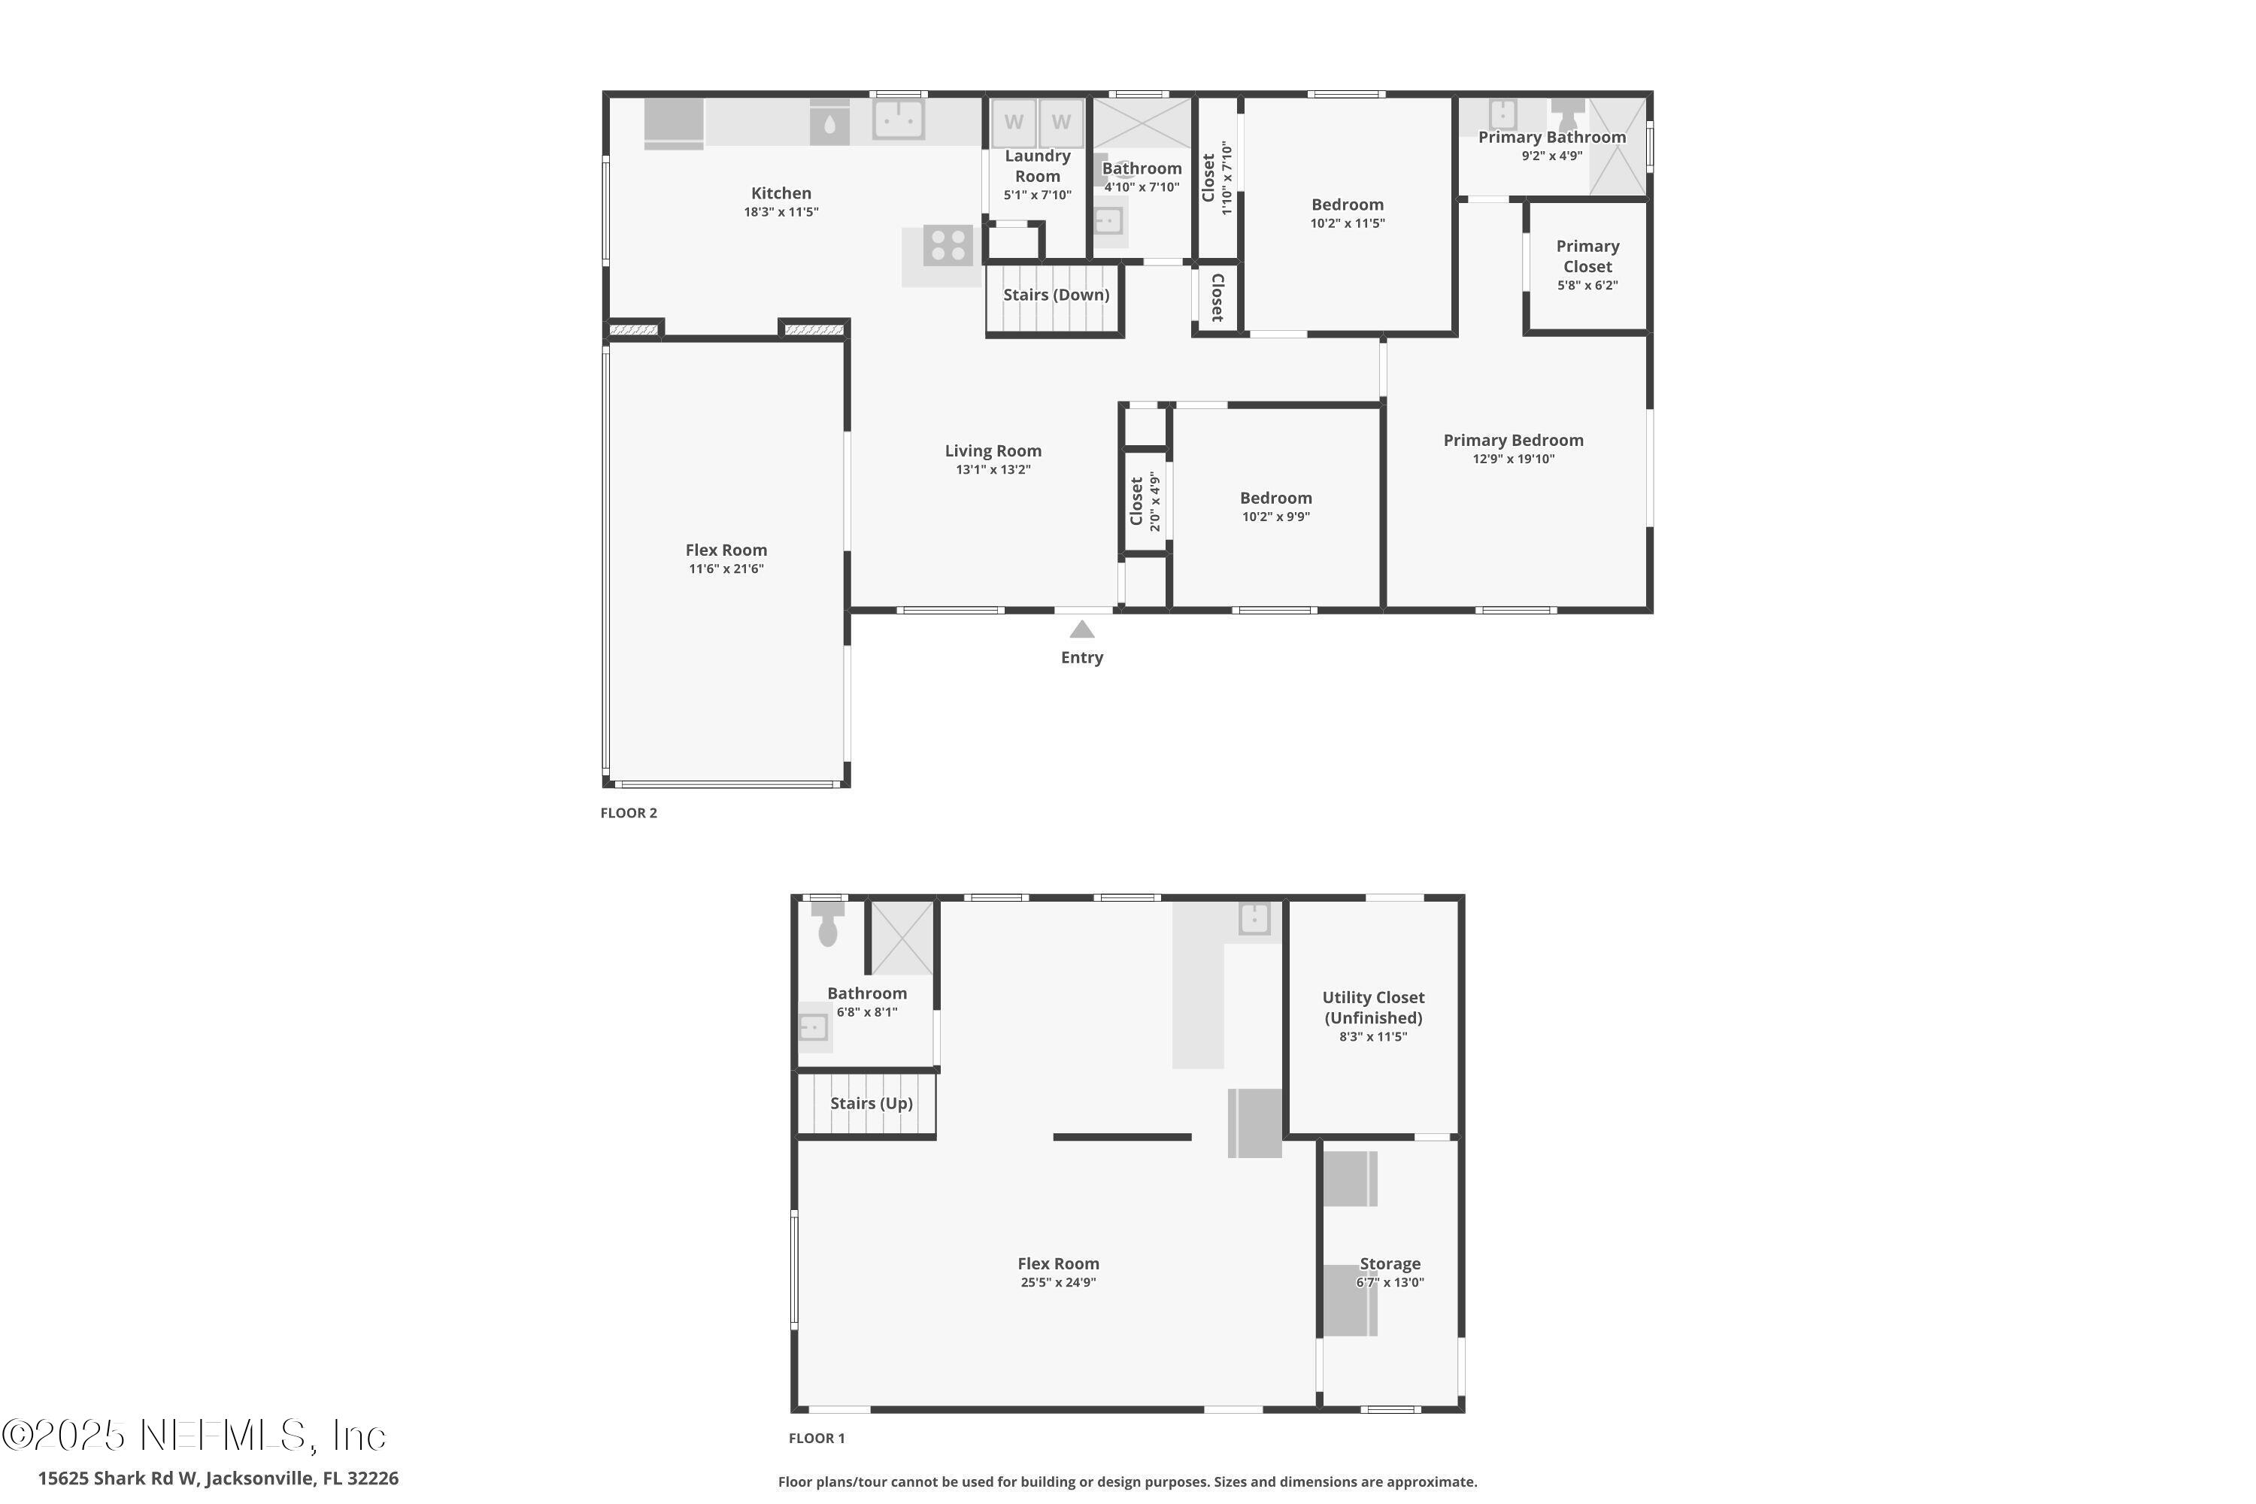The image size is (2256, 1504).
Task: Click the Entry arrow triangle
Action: pos(1082,630)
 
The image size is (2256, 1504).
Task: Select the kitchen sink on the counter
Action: pos(898,120)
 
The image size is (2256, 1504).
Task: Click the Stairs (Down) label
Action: pos(1056,295)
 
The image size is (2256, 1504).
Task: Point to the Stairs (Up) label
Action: pos(871,1103)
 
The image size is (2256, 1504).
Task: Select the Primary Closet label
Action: pos(1587,256)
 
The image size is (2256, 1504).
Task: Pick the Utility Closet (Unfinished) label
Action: pos(1372,1007)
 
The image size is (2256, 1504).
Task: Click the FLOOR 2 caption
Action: pos(628,812)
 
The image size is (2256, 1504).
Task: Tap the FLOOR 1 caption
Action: pos(816,1438)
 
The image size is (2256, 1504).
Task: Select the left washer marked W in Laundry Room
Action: pos(1014,122)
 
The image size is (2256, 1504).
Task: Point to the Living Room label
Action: pos(993,450)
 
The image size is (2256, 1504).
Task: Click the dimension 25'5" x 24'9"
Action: pos(1058,1282)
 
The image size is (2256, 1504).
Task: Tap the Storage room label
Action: pos(1390,1264)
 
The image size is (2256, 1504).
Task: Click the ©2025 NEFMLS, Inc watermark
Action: pos(194,1436)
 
